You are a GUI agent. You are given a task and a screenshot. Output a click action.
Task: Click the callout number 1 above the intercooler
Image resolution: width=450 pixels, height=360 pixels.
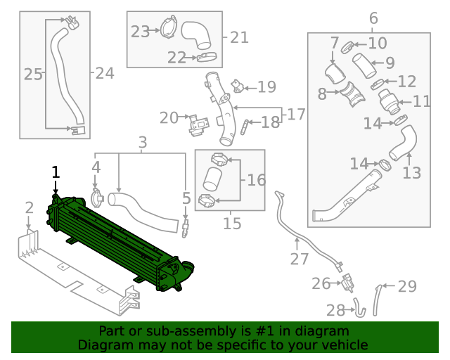click(56, 172)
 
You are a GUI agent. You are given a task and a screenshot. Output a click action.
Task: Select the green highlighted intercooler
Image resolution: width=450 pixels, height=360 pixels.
click(120, 239)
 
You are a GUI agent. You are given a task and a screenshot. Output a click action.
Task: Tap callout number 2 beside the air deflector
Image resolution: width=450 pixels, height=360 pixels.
click(29, 207)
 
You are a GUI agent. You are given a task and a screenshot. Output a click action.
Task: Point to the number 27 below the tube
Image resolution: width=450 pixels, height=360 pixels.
click(300, 259)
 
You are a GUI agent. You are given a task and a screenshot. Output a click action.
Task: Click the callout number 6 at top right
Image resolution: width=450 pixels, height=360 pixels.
click(373, 18)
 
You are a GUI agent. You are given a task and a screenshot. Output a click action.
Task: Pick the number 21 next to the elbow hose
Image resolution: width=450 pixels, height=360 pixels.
click(239, 37)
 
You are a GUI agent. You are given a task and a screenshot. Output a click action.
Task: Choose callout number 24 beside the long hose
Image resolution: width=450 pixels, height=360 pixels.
click(104, 72)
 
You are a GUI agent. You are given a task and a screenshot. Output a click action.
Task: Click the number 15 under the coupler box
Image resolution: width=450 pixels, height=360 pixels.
click(232, 224)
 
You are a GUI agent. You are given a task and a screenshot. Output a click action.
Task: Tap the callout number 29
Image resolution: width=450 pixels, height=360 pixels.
click(407, 286)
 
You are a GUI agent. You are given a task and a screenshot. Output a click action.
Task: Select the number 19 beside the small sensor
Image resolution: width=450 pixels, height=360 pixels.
click(266, 87)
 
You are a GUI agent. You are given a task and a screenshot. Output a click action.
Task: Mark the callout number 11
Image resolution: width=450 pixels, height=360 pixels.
click(421, 102)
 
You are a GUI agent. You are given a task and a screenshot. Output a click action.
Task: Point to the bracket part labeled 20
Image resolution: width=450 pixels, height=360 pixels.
click(198, 124)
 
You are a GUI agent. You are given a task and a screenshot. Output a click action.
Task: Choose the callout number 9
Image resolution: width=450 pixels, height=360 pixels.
click(390, 63)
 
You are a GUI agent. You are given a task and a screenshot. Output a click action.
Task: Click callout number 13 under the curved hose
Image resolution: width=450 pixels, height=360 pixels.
click(411, 172)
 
